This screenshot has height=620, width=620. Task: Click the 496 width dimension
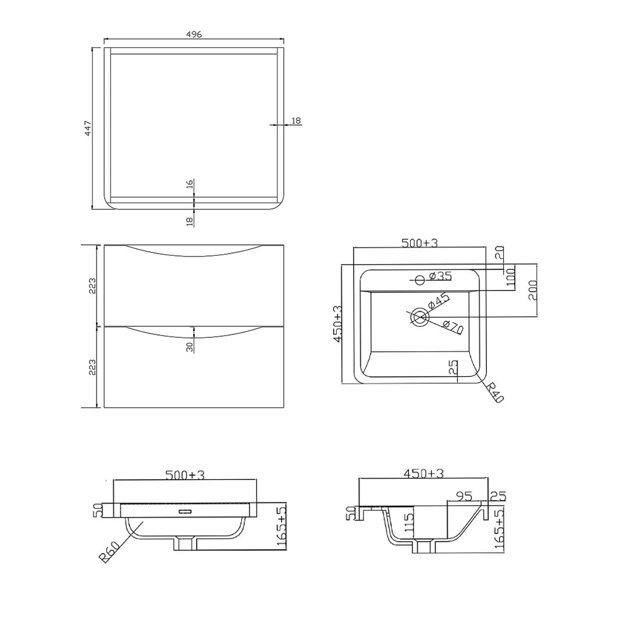(194, 34)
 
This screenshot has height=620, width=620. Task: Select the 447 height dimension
(88, 128)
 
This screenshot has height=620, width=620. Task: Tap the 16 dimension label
(190, 185)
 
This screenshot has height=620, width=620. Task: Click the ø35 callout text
(441, 275)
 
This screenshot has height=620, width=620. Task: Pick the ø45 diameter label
(439, 301)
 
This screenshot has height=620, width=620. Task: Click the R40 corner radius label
(496, 393)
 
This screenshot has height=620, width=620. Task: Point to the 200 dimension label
(533, 290)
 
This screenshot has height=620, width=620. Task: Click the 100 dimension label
(510, 275)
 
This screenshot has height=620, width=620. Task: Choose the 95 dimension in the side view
(464, 496)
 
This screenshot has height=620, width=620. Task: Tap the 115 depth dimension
(409, 523)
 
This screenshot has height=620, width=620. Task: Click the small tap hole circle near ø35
(419, 280)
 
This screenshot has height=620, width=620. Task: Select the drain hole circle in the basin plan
(419, 316)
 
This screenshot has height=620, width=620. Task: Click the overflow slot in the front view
(186, 512)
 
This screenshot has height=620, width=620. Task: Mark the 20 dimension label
(499, 254)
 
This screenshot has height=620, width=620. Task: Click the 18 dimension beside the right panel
(295, 121)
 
